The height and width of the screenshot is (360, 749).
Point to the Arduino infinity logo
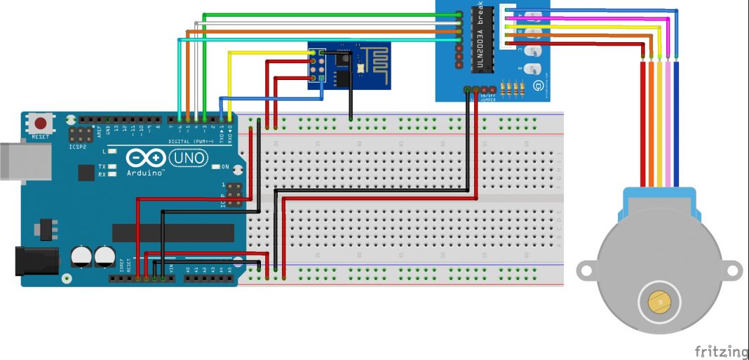(x=144, y=159)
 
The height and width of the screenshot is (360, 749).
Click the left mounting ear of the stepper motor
(x=588, y=268)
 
